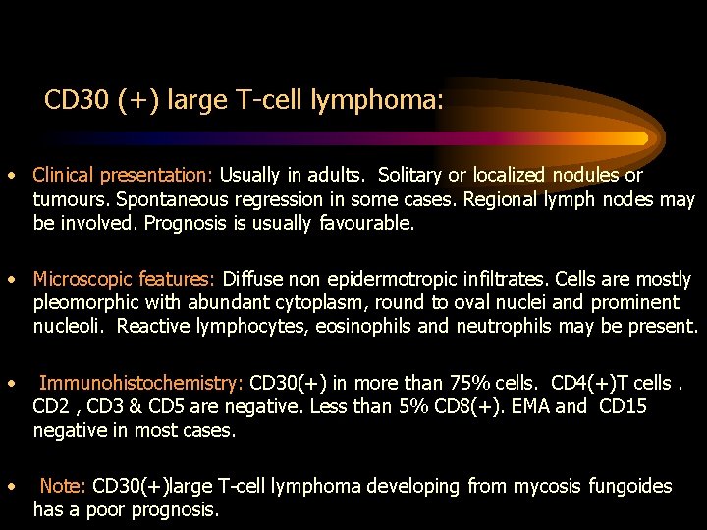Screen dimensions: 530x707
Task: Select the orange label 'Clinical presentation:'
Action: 123,176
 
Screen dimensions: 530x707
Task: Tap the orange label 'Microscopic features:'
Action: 125,279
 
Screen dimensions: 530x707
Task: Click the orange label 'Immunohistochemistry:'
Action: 141,383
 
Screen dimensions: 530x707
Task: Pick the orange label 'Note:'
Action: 63,486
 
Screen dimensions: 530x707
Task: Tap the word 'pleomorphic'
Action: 83,303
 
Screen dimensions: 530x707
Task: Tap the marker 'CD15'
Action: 623,406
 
